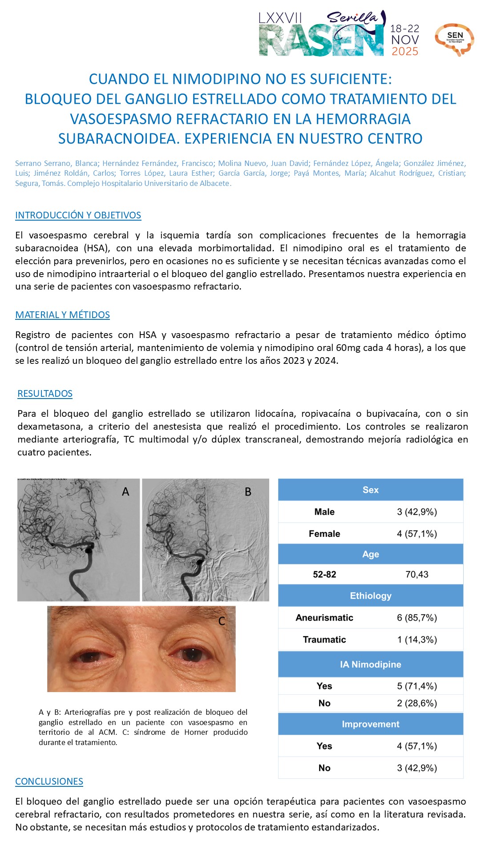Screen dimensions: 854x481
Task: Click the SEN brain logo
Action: (454, 39)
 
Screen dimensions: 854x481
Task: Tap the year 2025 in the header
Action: (405, 52)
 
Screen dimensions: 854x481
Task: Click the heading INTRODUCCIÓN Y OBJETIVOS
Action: (78, 215)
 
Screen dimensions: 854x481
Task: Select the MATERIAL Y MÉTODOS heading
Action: (62, 315)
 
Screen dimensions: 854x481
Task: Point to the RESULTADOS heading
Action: (45, 394)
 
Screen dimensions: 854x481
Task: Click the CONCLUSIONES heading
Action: (49, 781)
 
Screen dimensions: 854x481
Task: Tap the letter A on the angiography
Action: (125, 492)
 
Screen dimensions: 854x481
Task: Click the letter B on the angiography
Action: (248, 492)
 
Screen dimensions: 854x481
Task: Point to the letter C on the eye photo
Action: (222, 621)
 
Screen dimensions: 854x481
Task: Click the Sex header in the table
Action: (370, 490)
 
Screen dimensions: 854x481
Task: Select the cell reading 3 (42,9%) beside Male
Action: (417, 512)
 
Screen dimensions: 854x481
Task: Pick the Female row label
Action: (324, 534)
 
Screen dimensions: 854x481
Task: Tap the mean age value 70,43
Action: (417, 575)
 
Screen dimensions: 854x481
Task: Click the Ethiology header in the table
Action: (370, 596)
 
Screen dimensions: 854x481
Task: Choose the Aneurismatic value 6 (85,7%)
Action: (417, 618)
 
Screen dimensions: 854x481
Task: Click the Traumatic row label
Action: (324, 640)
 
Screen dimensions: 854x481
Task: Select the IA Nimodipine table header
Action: (370, 665)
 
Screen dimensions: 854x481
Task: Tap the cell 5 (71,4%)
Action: (417, 686)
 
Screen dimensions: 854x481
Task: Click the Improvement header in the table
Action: (370, 724)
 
